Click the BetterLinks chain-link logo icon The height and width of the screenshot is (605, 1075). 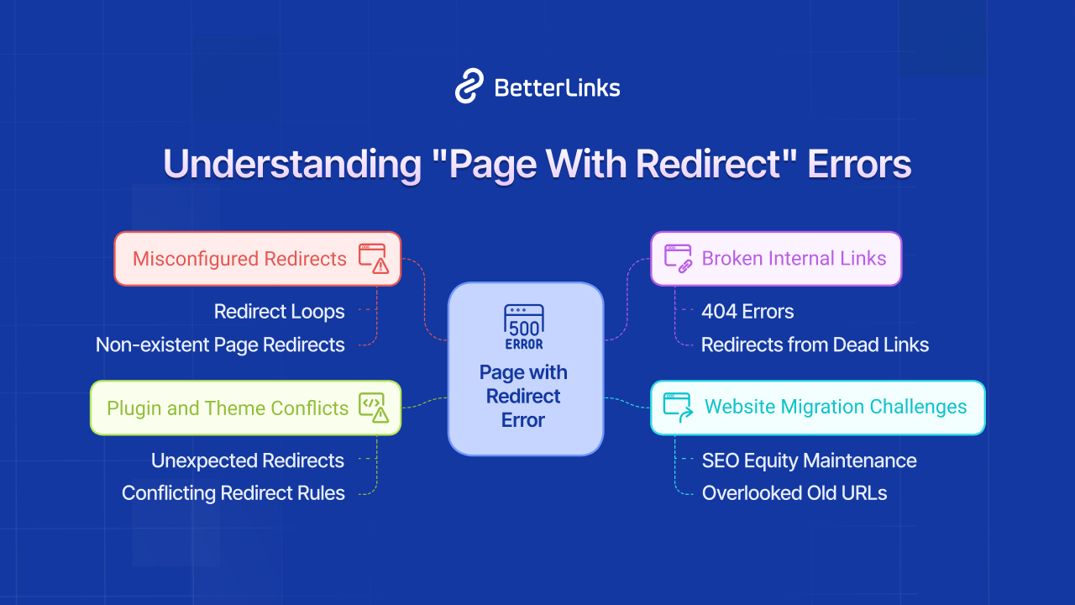point(469,87)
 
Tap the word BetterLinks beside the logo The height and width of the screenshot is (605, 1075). point(557,87)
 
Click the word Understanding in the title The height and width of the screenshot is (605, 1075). point(291,164)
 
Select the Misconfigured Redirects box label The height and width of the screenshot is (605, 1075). point(239,259)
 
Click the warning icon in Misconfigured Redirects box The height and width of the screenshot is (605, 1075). point(374,258)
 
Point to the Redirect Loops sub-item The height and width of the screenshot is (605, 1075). point(279,312)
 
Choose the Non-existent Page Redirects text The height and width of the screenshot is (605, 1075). point(220,345)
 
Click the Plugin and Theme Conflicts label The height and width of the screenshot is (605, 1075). point(227,408)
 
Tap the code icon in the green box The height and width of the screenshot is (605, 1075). point(374,407)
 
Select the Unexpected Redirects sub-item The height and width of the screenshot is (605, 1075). point(248,460)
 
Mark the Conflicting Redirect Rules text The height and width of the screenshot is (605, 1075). point(233,493)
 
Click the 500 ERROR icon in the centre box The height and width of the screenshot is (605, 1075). point(524,327)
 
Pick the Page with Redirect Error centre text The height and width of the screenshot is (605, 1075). point(524,396)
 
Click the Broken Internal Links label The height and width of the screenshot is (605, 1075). point(794,258)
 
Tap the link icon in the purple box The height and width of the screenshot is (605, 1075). point(678,258)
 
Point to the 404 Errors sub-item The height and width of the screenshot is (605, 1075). point(747,312)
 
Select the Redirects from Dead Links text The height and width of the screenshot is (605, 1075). point(815,345)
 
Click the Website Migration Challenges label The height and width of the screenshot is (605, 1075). point(836,407)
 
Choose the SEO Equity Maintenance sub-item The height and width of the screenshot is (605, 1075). point(809,460)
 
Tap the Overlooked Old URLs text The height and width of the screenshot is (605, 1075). point(794,493)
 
